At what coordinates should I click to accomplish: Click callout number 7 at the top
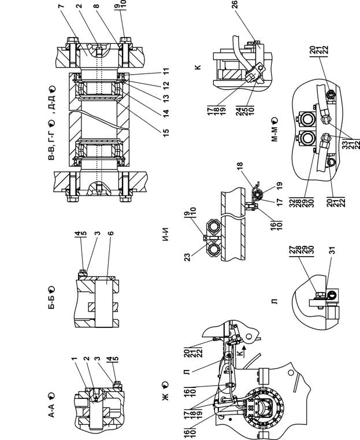[61, 6]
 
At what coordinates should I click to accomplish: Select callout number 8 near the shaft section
[97, 6]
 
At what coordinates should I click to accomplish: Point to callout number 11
[166, 71]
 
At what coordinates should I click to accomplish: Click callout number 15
[166, 132]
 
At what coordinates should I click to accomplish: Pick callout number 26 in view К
[235, 5]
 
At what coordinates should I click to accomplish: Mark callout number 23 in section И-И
[187, 257]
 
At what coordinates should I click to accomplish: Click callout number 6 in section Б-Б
[110, 233]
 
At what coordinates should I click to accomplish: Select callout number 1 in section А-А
[74, 359]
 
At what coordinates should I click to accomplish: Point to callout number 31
[332, 250]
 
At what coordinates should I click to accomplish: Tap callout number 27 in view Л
[292, 250]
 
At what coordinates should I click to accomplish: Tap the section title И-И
[166, 235]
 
